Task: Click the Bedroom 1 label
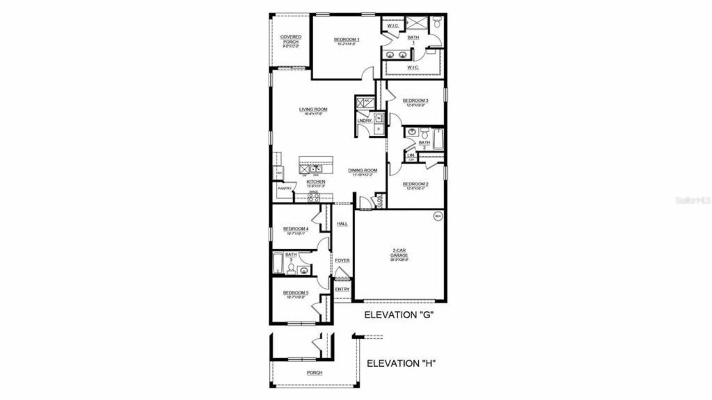(347, 39)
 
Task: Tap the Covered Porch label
(290, 39)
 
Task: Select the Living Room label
(313, 109)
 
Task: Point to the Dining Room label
(363, 170)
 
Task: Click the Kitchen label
(315, 181)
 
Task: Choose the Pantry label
(285, 188)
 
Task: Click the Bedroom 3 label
(416, 101)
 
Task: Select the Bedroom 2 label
(415, 184)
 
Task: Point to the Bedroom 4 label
(295, 229)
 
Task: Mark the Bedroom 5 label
(295, 293)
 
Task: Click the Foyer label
(342, 260)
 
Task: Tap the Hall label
(342, 224)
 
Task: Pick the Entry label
(342, 289)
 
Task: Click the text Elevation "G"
(399, 315)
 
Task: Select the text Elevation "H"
(400, 364)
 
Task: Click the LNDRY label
(364, 121)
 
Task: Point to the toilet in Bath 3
(290, 269)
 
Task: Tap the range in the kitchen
(314, 196)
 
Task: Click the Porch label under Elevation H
(314, 373)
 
